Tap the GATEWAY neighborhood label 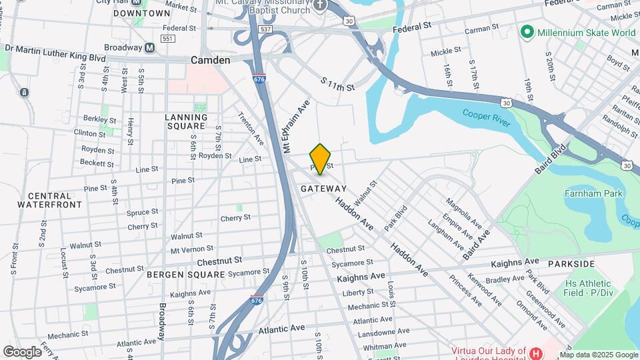[x=323, y=189]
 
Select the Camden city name [x=210, y=60]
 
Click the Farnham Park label [x=593, y=194]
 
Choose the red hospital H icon [x=535, y=352]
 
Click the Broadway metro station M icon [x=150, y=48]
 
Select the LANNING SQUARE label [x=185, y=121]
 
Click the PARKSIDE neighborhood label [x=571, y=264]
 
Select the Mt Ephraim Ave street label [x=298, y=127]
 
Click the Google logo [x=23, y=351]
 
